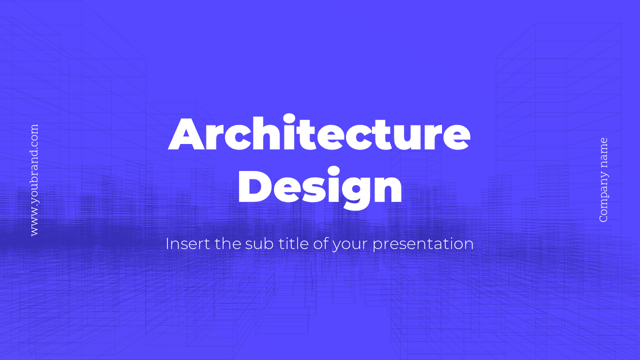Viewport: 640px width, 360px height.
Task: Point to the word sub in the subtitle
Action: (x=256, y=244)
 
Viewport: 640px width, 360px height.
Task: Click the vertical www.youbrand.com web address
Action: (x=34, y=180)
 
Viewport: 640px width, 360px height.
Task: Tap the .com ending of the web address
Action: (x=34, y=134)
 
